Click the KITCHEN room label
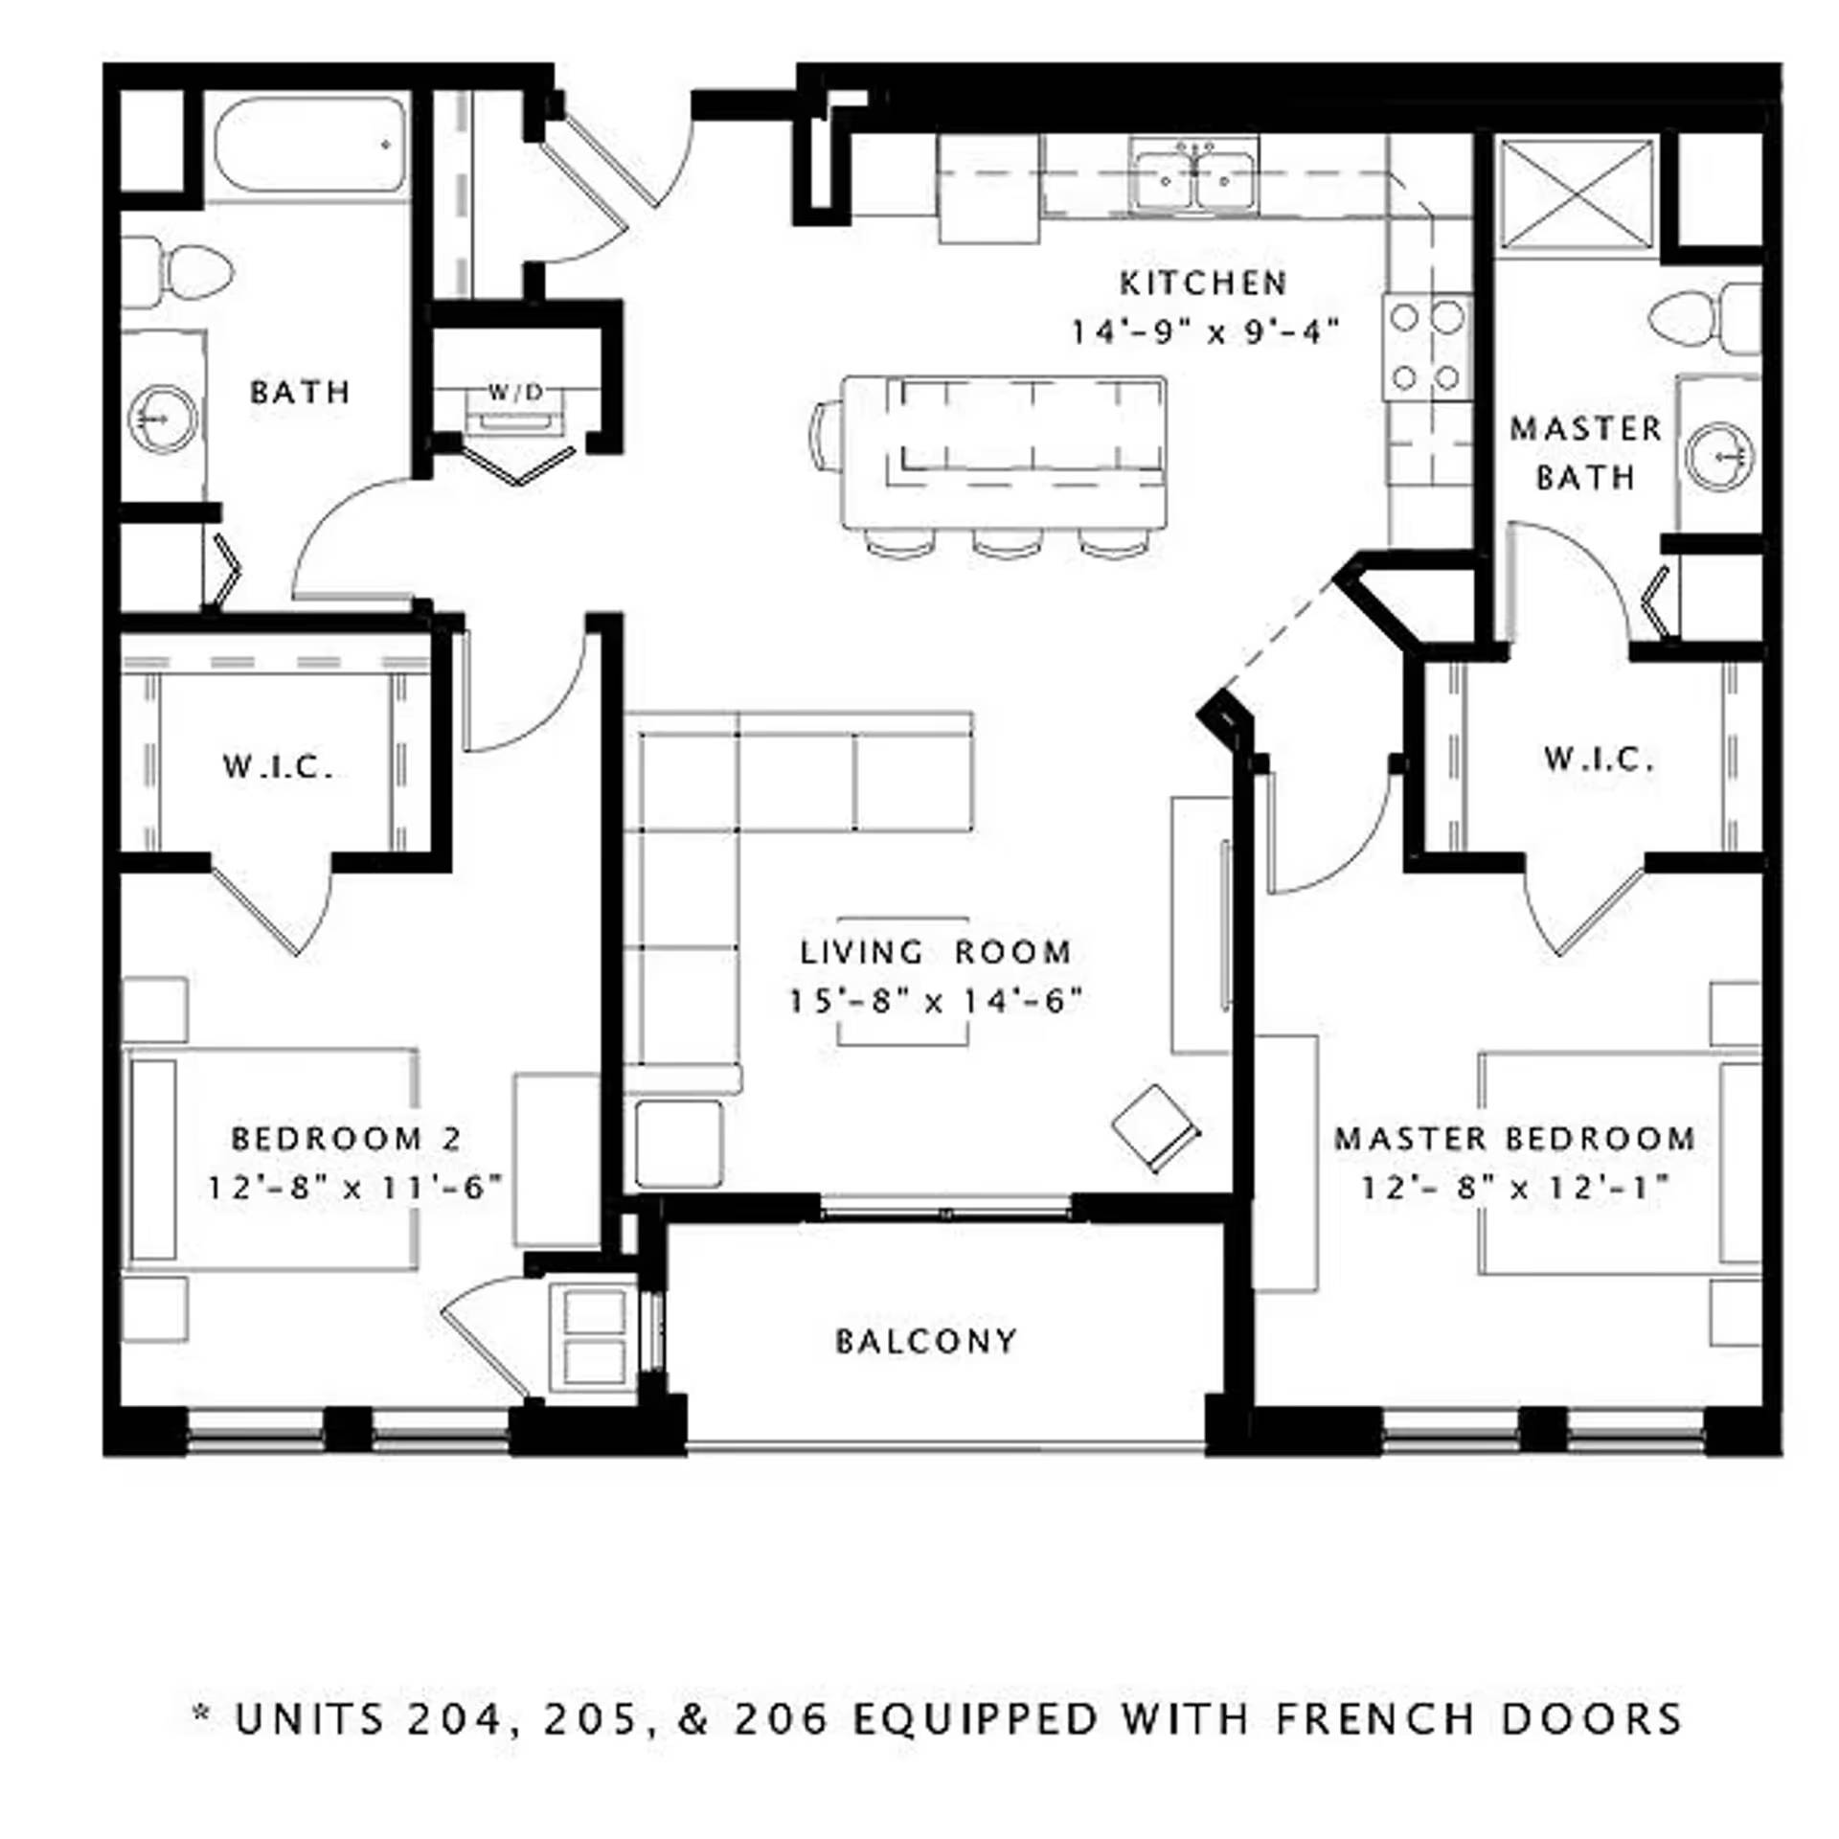1203,284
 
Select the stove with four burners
1426,347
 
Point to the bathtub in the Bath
308,146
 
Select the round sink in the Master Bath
1719,457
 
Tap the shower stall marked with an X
1576,194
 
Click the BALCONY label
926,1341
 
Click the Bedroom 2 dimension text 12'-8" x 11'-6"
355,1188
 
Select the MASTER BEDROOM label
1514,1139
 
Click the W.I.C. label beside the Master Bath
1599,760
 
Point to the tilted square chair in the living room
1155,1127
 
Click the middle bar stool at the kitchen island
1007,543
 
